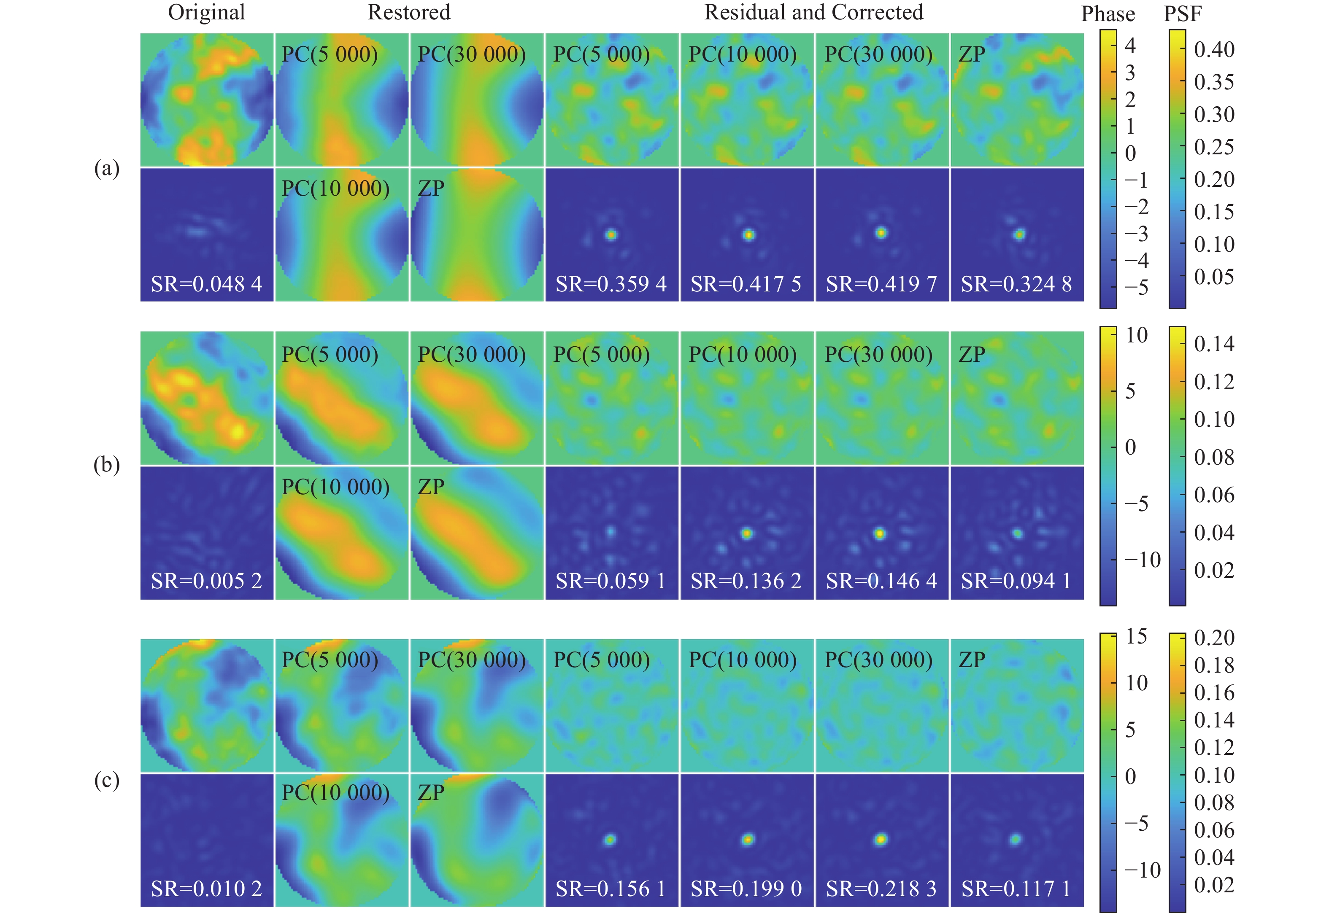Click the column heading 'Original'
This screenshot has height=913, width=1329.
coord(207,13)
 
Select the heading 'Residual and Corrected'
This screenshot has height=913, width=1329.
coord(813,13)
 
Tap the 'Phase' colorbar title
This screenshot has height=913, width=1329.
coord(1107,14)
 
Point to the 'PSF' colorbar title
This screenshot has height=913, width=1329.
coord(1183,14)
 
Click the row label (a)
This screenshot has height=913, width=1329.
coord(106,168)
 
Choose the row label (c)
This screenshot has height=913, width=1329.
coord(106,780)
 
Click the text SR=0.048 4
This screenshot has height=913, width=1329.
coord(207,284)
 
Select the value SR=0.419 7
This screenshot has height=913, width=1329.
coord(881,284)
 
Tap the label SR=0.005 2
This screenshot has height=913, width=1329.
coord(207,581)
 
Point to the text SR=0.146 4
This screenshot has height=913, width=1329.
coord(881,581)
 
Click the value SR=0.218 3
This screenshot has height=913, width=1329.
coord(881,889)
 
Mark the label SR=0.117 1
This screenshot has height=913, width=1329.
coord(1016,889)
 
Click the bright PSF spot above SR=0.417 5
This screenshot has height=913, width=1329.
coord(748,234)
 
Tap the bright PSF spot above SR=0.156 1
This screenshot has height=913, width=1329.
coord(610,840)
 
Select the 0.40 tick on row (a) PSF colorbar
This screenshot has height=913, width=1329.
coord(1214,50)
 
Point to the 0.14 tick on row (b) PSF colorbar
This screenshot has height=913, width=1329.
coord(1214,344)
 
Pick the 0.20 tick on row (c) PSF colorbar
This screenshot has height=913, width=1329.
coord(1214,638)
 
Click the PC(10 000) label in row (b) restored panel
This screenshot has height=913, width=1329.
coord(335,487)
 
